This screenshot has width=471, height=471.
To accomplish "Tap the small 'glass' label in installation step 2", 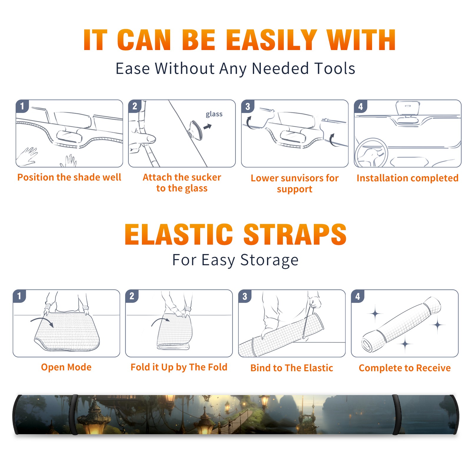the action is [214, 114].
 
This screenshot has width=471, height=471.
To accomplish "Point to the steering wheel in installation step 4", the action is [371, 153].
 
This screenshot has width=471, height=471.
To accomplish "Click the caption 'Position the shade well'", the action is [69, 177].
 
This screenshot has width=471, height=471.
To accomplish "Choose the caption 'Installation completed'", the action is [407, 178].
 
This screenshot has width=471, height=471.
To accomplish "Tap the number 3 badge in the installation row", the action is [248, 106].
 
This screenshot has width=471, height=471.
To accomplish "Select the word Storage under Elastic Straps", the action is [269, 260].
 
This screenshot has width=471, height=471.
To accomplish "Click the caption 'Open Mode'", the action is [66, 367].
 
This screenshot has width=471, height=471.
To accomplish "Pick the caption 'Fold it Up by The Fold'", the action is [179, 367].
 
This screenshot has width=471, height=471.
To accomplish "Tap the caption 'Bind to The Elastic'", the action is [292, 368].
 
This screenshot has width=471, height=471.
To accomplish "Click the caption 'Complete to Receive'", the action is [405, 368].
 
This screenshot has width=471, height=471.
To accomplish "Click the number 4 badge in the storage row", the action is [358, 296].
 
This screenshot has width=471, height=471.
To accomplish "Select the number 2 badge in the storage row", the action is [132, 296].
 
